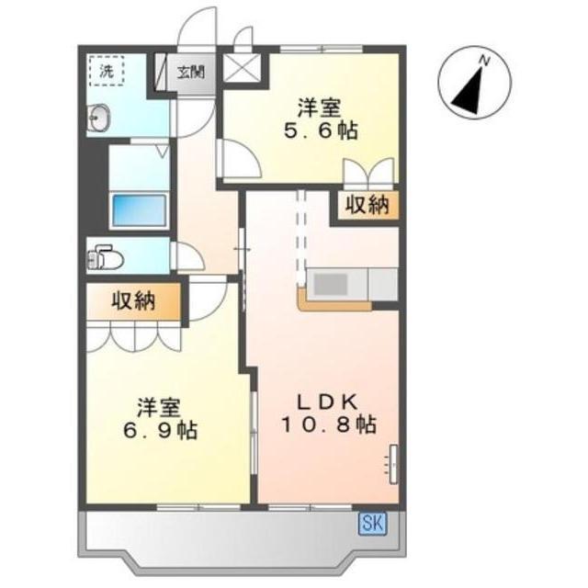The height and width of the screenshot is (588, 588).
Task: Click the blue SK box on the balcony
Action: coord(373,523)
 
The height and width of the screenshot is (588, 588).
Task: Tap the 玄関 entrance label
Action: coord(191,72)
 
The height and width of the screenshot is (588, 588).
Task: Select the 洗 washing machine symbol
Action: coord(107,71)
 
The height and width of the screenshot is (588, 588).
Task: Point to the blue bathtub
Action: coord(139,210)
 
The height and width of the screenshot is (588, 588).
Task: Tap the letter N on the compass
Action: coord(485,60)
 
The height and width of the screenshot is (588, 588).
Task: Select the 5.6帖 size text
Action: coord(321,130)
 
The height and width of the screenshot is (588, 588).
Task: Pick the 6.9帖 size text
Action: coord(161,431)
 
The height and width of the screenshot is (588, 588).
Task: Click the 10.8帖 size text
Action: coord(329,424)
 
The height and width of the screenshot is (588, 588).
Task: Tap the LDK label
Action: coord(327,402)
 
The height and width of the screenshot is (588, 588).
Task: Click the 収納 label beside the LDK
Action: coord(367,205)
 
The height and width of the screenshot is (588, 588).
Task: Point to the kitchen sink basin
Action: coord(330,284)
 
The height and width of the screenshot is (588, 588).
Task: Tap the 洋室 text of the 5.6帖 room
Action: coord(320,107)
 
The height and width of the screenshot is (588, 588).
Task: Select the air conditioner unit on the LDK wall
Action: coord(393,464)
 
